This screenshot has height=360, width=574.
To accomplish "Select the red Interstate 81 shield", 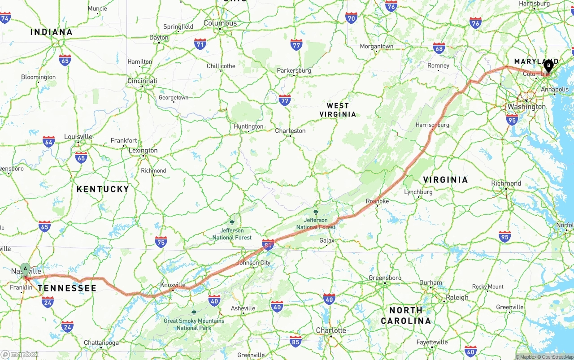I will click(x=268, y=244).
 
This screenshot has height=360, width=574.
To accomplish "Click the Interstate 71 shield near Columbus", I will click(x=200, y=44).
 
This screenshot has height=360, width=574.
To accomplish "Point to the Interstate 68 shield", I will click(x=439, y=49).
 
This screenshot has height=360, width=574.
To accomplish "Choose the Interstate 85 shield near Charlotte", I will click(x=295, y=341).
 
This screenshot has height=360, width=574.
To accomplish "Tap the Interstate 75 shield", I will click(x=161, y=242).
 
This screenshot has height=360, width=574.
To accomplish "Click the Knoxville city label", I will click(x=173, y=285).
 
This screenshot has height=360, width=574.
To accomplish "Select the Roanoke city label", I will click(x=377, y=201).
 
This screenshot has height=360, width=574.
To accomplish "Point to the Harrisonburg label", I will click(x=432, y=125).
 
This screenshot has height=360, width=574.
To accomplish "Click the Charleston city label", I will click(x=290, y=131).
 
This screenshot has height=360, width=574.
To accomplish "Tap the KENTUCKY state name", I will click(x=103, y=189).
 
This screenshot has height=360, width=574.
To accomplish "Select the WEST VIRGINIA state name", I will click(x=338, y=110).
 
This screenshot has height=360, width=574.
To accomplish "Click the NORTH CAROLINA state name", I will click(x=406, y=315).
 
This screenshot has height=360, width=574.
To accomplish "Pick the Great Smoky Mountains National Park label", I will click(x=194, y=324).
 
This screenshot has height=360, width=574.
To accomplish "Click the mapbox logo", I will click(x=20, y=354).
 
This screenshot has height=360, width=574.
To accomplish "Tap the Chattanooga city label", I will click(x=101, y=343).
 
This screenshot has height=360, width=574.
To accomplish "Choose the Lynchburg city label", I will click(x=418, y=192).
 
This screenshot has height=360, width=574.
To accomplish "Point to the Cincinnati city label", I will click(x=142, y=81).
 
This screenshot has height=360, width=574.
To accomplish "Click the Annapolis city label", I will click(x=555, y=90).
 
